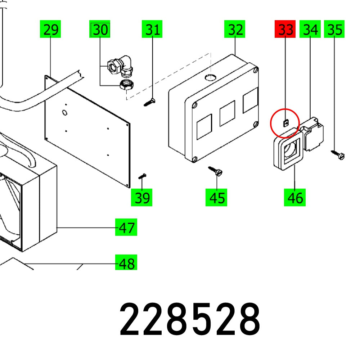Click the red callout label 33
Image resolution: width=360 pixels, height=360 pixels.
(x=285, y=30)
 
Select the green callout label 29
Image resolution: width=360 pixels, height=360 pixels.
(x=50, y=30)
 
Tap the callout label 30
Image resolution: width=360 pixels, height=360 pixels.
(x=100, y=30)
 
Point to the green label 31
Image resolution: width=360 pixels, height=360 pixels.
(x=152, y=30)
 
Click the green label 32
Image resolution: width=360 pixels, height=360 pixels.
(x=235, y=30)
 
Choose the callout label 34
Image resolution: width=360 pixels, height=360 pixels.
(x=310, y=30)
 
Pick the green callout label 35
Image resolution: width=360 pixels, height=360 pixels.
(x=334, y=30)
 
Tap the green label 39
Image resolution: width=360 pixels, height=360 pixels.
(x=142, y=198)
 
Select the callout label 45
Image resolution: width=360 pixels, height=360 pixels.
(x=216, y=198)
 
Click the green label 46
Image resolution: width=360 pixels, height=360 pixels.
(x=294, y=198)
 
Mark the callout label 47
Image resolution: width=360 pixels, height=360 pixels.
(x=126, y=228)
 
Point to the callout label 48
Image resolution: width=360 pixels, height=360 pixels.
(x=126, y=264)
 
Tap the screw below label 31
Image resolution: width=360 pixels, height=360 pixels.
(x=149, y=102)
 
